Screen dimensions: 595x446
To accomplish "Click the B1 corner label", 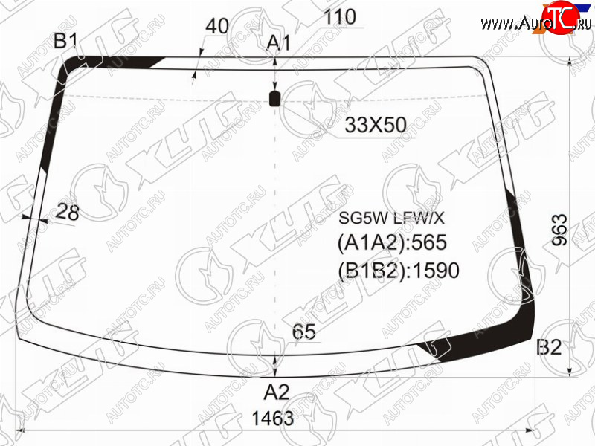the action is coord(66,41).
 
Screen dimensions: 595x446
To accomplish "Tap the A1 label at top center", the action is coord(278,43).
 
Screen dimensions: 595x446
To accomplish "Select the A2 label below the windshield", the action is coord(277,392).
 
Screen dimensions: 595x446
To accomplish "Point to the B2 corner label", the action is coord(549,347).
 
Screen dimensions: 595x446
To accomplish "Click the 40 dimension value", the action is coord(217,26).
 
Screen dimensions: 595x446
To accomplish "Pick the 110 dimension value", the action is coord(340,17).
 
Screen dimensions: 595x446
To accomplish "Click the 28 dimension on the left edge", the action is coord(67,213).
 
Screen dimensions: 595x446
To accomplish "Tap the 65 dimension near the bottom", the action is coord(304,332).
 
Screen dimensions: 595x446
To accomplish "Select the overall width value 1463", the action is coord(273,418).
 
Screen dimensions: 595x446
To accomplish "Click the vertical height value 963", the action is coord(560,230).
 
